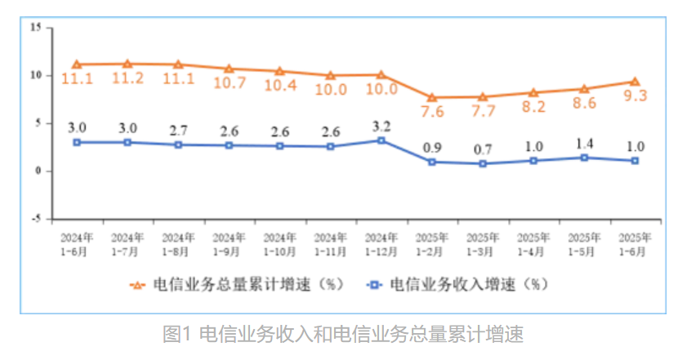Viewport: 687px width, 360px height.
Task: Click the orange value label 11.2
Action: pyautogui.click(x=127, y=78)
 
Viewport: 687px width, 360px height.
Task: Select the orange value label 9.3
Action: pyautogui.click(x=635, y=96)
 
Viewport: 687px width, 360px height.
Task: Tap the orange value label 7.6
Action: pyautogui.click(x=432, y=112)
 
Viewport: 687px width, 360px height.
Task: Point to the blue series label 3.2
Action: pyautogui.click(x=381, y=126)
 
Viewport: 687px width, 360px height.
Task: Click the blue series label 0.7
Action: pyautogui.click(x=483, y=149)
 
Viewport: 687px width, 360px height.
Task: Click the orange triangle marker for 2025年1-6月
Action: pyautogui.click(x=635, y=82)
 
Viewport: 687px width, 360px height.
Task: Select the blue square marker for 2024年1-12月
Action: pyautogui.click(x=381, y=140)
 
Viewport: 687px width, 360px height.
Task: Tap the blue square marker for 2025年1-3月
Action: pyautogui.click(x=483, y=163)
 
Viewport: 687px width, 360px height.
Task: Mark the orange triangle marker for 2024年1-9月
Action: pyautogui.click(x=229, y=69)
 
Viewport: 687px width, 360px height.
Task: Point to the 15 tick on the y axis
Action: pyautogui.click(x=35, y=27)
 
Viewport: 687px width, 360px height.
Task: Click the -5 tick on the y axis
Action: pyautogui.click(x=35, y=219)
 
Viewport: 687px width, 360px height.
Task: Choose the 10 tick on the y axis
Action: pyautogui.click(x=35, y=75)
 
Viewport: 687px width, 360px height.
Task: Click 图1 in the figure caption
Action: pyautogui.click(x=176, y=335)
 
